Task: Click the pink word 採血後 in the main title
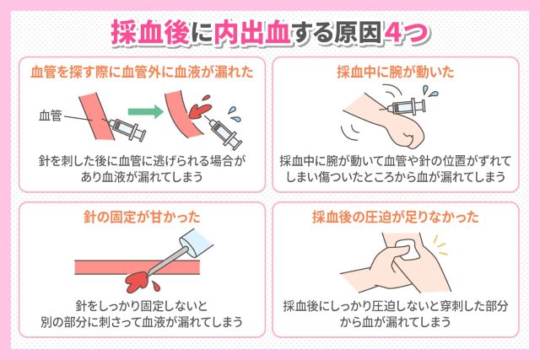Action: click(x=150, y=34)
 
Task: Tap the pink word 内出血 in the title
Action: click(x=252, y=34)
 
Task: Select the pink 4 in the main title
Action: click(x=393, y=34)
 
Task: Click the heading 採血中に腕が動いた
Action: click(x=396, y=73)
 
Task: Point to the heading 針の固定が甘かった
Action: click(x=142, y=218)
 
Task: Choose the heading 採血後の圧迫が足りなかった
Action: click(x=396, y=218)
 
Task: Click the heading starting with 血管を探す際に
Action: click(x=142, y=73)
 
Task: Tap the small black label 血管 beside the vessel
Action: click(x=51, y=116)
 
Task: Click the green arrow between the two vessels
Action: click(x=145, y=111)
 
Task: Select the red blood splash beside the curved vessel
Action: click(x=199, y=107)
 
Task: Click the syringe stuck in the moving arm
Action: click(x=403, y=106)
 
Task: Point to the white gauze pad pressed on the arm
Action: click(x=408, y=250)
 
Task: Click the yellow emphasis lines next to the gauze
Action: click(x=440, y=245)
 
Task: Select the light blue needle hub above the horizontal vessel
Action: click(x=196, y=242)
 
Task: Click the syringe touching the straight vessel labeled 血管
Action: click(x=125, y=129)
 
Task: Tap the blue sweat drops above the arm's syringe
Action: click(x=429, y=92)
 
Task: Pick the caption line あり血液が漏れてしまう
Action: click(x=142, y=176)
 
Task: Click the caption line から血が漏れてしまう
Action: click(x=396, y=322)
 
